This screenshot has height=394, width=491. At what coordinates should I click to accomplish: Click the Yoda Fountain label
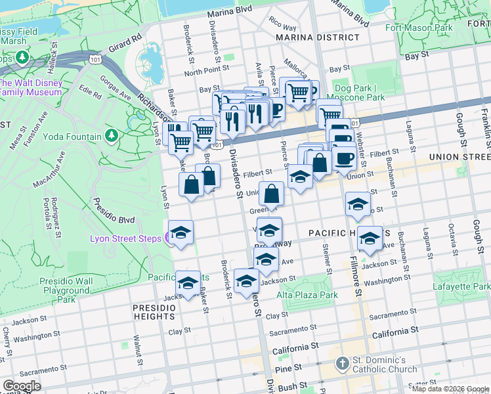click(x=72, y=137)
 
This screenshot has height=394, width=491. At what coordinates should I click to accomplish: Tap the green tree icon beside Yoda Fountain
click(x=112, y=137)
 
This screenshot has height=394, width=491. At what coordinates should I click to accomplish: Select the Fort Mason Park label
click(x=419, y=28)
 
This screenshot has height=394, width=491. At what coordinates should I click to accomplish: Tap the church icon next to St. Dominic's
click(x=342, y=363)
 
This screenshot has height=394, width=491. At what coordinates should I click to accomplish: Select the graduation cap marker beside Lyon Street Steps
click(x=181, y=233)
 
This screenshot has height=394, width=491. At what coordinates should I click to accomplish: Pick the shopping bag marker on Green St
click(x=271, y=194)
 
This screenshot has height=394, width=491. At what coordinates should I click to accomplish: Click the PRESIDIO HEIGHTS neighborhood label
click(x=153, y=312)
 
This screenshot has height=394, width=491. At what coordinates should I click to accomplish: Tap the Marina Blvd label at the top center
click(x=229, y=12)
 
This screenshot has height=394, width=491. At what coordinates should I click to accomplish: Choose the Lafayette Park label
click(x=461, y=287)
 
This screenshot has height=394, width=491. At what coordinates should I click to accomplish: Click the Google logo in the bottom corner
click(x=22, y=386)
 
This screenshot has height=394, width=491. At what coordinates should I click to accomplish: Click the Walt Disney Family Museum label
click(x=31, y=87)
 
